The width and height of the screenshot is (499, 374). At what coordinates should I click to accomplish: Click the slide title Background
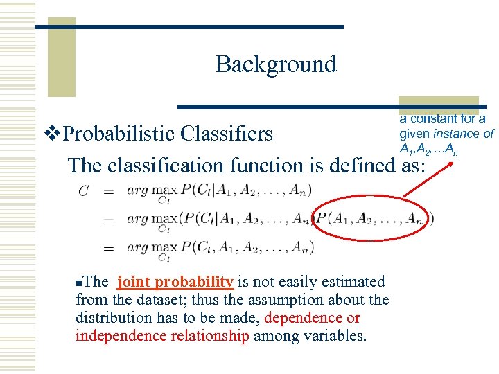(276, 64)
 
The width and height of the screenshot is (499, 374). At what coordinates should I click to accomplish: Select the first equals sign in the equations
(108, 191)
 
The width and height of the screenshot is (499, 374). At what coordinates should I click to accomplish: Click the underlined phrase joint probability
(175, 282)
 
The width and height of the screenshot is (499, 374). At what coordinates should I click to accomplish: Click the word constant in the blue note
(437, 118)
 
